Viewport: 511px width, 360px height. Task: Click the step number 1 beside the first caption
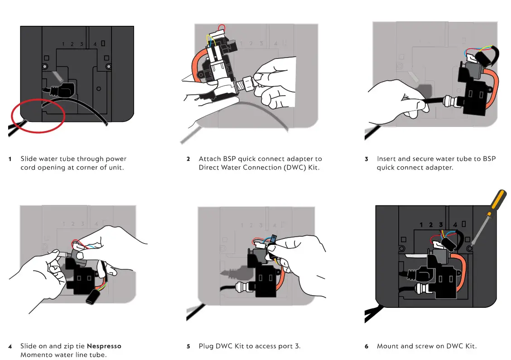pyautogui.click(x=10, y=159)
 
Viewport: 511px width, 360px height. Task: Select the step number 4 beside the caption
pyautogui.click(x=10, y=346)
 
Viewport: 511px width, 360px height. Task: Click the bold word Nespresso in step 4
pyautogui.click(x=104, y=346)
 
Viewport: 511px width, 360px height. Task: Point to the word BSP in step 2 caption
pyautogui.click(x=229, y=159)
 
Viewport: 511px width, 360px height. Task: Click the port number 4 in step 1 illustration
pyautogui.click(x=95, y=44)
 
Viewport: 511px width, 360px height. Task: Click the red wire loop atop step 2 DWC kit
pyautogui.click(x=222, y=27)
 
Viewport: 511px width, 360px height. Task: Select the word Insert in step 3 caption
pyautogui.click(x=387, y=159)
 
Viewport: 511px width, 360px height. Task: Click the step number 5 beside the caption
pyautogui.click(x=188, y=346)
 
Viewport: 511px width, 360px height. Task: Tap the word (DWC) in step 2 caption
pyautogui.click(x=288, y=167)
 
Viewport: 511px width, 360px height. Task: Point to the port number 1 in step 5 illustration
pyautogui.click(x=242, y=225)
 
